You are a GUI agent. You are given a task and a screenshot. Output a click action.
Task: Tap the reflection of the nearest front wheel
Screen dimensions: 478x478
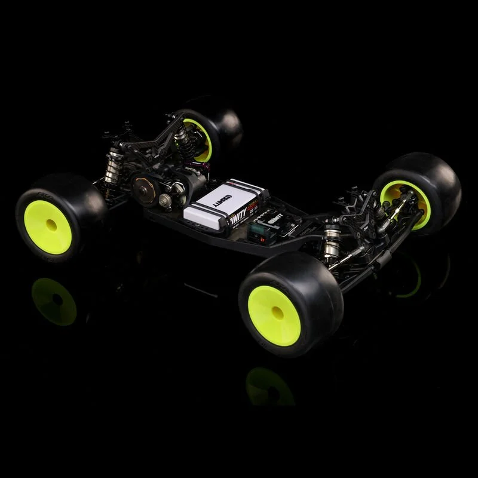pos(269,385)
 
